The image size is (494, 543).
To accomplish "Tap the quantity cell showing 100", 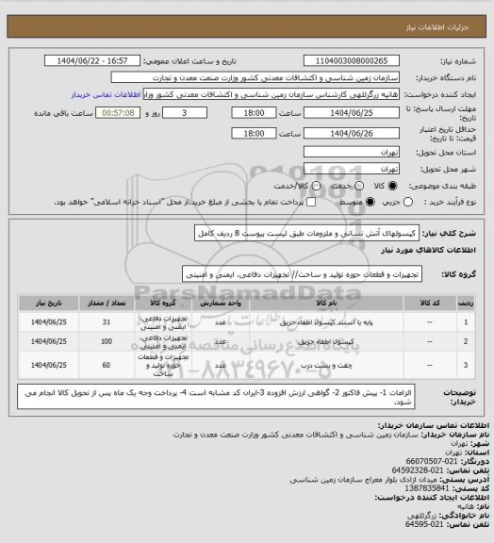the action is [x=106, y=341].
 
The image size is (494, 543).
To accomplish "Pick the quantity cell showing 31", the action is [x=106, y=322].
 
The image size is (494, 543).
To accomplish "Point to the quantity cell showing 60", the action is [x=106, y=363].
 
